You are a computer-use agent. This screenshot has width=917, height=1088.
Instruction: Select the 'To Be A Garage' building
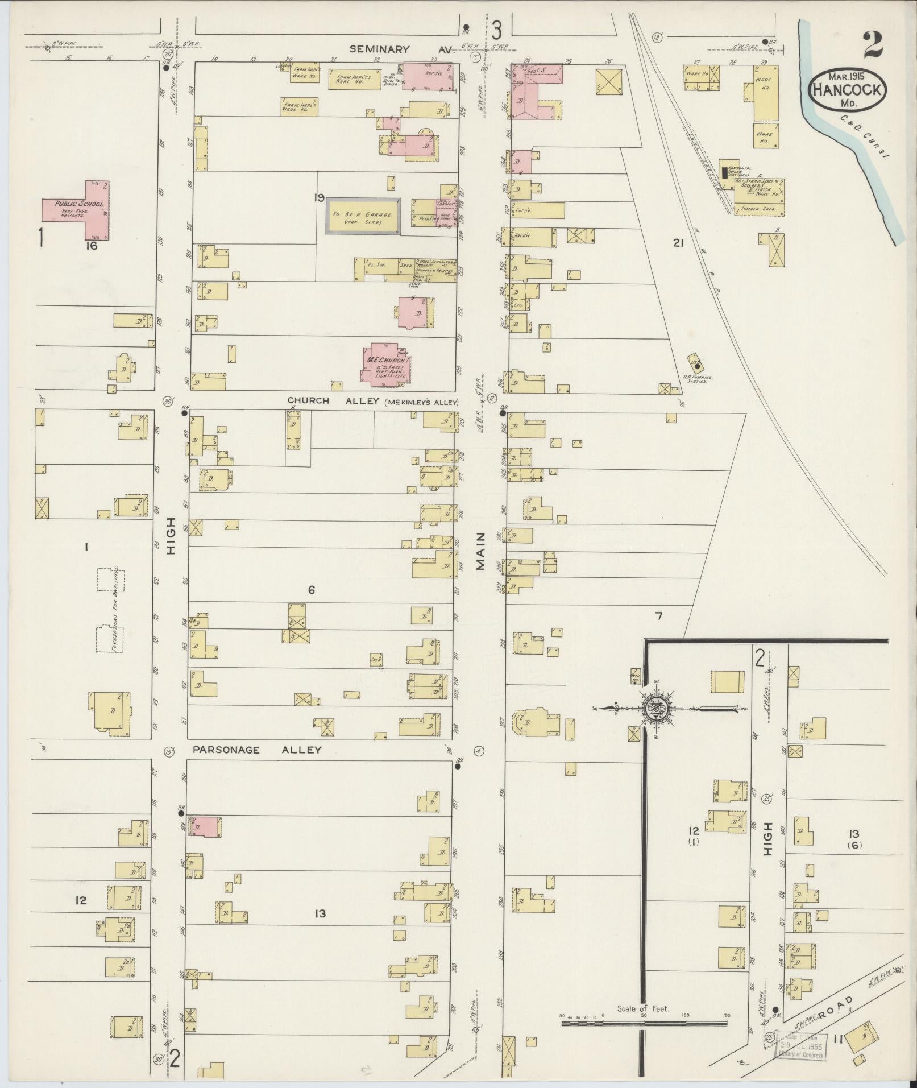point(363,216)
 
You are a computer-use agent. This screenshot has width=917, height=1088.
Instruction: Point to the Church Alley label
point(309,401)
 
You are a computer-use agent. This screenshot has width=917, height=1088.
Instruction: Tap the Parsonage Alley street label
point(257,750)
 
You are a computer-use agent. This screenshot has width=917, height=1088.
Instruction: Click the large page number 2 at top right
point(872,45)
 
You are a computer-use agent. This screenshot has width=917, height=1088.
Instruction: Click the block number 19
point(318,198)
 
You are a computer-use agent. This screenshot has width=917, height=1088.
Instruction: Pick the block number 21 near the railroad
point(677,243)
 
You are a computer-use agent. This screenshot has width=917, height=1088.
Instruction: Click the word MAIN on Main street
point(482,551)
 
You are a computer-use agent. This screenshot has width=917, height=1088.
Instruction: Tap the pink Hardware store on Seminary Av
point(429,76)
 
